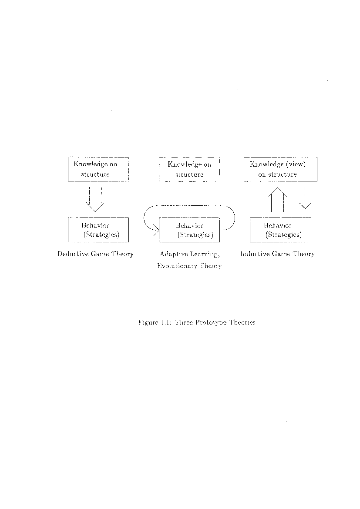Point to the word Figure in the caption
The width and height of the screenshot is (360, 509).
[148, 323]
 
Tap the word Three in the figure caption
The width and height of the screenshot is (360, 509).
[184, 322]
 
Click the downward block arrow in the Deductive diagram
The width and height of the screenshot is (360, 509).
[95, 199]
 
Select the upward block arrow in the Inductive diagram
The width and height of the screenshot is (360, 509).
[277, 199]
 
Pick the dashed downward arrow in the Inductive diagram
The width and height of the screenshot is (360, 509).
[305, 198]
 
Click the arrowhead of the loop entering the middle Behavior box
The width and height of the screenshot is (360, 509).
[156, 230]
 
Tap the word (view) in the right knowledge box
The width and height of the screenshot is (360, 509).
[296, 164]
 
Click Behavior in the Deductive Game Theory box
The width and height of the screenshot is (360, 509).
[95, 225]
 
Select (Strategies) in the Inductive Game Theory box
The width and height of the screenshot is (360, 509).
[283, 234]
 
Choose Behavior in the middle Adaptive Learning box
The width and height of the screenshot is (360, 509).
[189, 226]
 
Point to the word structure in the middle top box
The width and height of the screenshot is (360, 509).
[189, 174]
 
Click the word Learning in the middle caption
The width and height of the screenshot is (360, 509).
[205, 254]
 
